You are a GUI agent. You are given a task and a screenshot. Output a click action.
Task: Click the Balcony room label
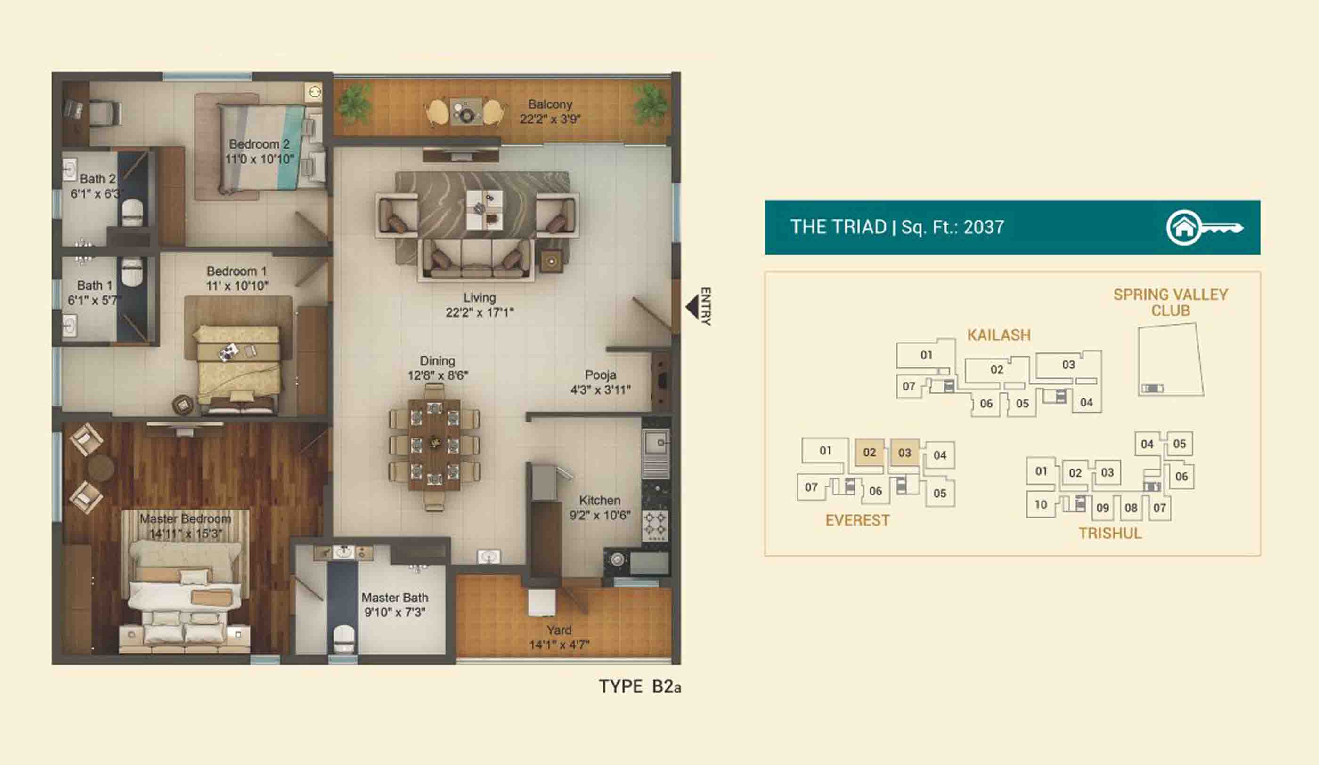pyautogui.click(x=550, y=104)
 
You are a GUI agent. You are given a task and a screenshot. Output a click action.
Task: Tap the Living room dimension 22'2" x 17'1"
pyautogui.click(x=480, y=313)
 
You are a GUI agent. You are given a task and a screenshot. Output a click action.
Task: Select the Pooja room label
pyautogui.click(x=600, y=375)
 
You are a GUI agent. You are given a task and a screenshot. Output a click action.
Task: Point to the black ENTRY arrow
pyautogui.click(x=692, y=307)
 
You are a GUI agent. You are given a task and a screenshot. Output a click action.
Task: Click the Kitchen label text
pyautogui.click(x=600, y=501)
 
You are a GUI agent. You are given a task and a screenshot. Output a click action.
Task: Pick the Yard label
pyautogui.click(x=559, y=630)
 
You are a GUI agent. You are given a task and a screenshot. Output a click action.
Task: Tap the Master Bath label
pyautogui.click(x=395, y=598)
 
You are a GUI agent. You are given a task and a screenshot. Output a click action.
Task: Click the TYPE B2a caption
pyautogui.click(x=640, y=686)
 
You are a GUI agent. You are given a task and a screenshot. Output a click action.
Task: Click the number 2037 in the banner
pyautogui.click(x=984, y=227)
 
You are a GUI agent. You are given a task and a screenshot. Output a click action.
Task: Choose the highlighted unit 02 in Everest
pyautogui.click(x=870, y=452)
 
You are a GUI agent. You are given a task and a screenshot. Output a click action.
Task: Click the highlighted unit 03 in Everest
pyautogui.click(x=905, y=452)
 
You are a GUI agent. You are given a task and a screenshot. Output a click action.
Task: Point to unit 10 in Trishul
pyautogui.click(x=1041, y=505)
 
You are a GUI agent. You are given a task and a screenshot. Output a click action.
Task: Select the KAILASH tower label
pyautogui.click(x=999, y=335)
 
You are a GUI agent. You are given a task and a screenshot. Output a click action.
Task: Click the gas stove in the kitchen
pyautogui.click(x=655, y=525)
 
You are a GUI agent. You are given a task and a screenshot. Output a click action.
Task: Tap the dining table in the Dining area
pyautogui.click(x=434, y=445)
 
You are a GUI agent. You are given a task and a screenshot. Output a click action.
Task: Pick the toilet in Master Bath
pyautogui.click(x=343, y=638)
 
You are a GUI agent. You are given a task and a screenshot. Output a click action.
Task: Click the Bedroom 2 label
pyautogui.click(x=259, y=144)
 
